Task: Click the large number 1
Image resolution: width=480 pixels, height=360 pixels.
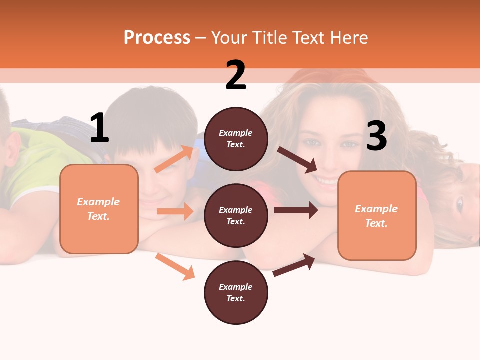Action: click(99, 128)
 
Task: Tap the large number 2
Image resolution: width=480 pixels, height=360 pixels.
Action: click(236, 75)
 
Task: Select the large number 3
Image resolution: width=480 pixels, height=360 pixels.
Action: click(376, 136)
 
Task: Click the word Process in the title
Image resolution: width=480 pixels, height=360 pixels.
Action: click(157, 37)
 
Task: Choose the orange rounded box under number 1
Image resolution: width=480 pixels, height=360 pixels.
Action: click(99, 209)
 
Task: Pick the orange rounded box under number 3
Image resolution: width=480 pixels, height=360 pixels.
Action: click(377, 216)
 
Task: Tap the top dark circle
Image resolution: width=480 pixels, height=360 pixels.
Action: click(236, 139)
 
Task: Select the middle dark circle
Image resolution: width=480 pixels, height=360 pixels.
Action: click(236, 215)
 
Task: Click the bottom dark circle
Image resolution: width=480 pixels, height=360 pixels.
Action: click(236, 292)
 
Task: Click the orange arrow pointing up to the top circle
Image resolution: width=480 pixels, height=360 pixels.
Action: click(174, 159)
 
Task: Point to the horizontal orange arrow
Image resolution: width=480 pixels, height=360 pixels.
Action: click(175, 211)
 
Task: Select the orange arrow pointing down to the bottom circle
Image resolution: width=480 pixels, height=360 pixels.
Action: click(175, 266)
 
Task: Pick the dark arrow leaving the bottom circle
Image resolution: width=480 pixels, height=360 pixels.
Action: click(294, 265)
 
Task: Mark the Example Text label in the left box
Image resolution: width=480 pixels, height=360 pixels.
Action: click(98, 209)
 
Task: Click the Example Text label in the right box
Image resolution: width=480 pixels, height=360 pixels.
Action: click(376, 216)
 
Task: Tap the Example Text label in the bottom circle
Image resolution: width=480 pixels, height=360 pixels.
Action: click(236, 292)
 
